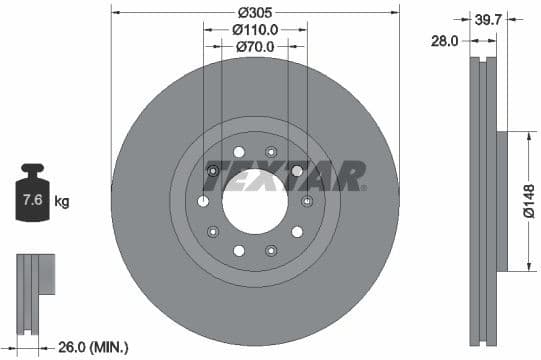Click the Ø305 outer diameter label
pyautogui.click(x=255, y=12)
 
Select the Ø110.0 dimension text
pyautogui.click(x=255, y=30)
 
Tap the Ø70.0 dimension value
pyautogui.click(x=255, y=46)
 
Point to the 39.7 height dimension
pyautogui.click(x=487, y=18)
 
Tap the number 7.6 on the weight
pyautogui.click(x=32, y=201)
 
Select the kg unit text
pyautogui.click(x=62, y=201)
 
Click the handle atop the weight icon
pyautogui.click(x=32, y=169)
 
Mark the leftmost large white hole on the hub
pyautogui.click(x=204, y=201)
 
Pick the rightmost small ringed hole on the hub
pyautogui.click(x=307, y=201)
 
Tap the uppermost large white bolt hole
pyautogui.click(x=238, y=152)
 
